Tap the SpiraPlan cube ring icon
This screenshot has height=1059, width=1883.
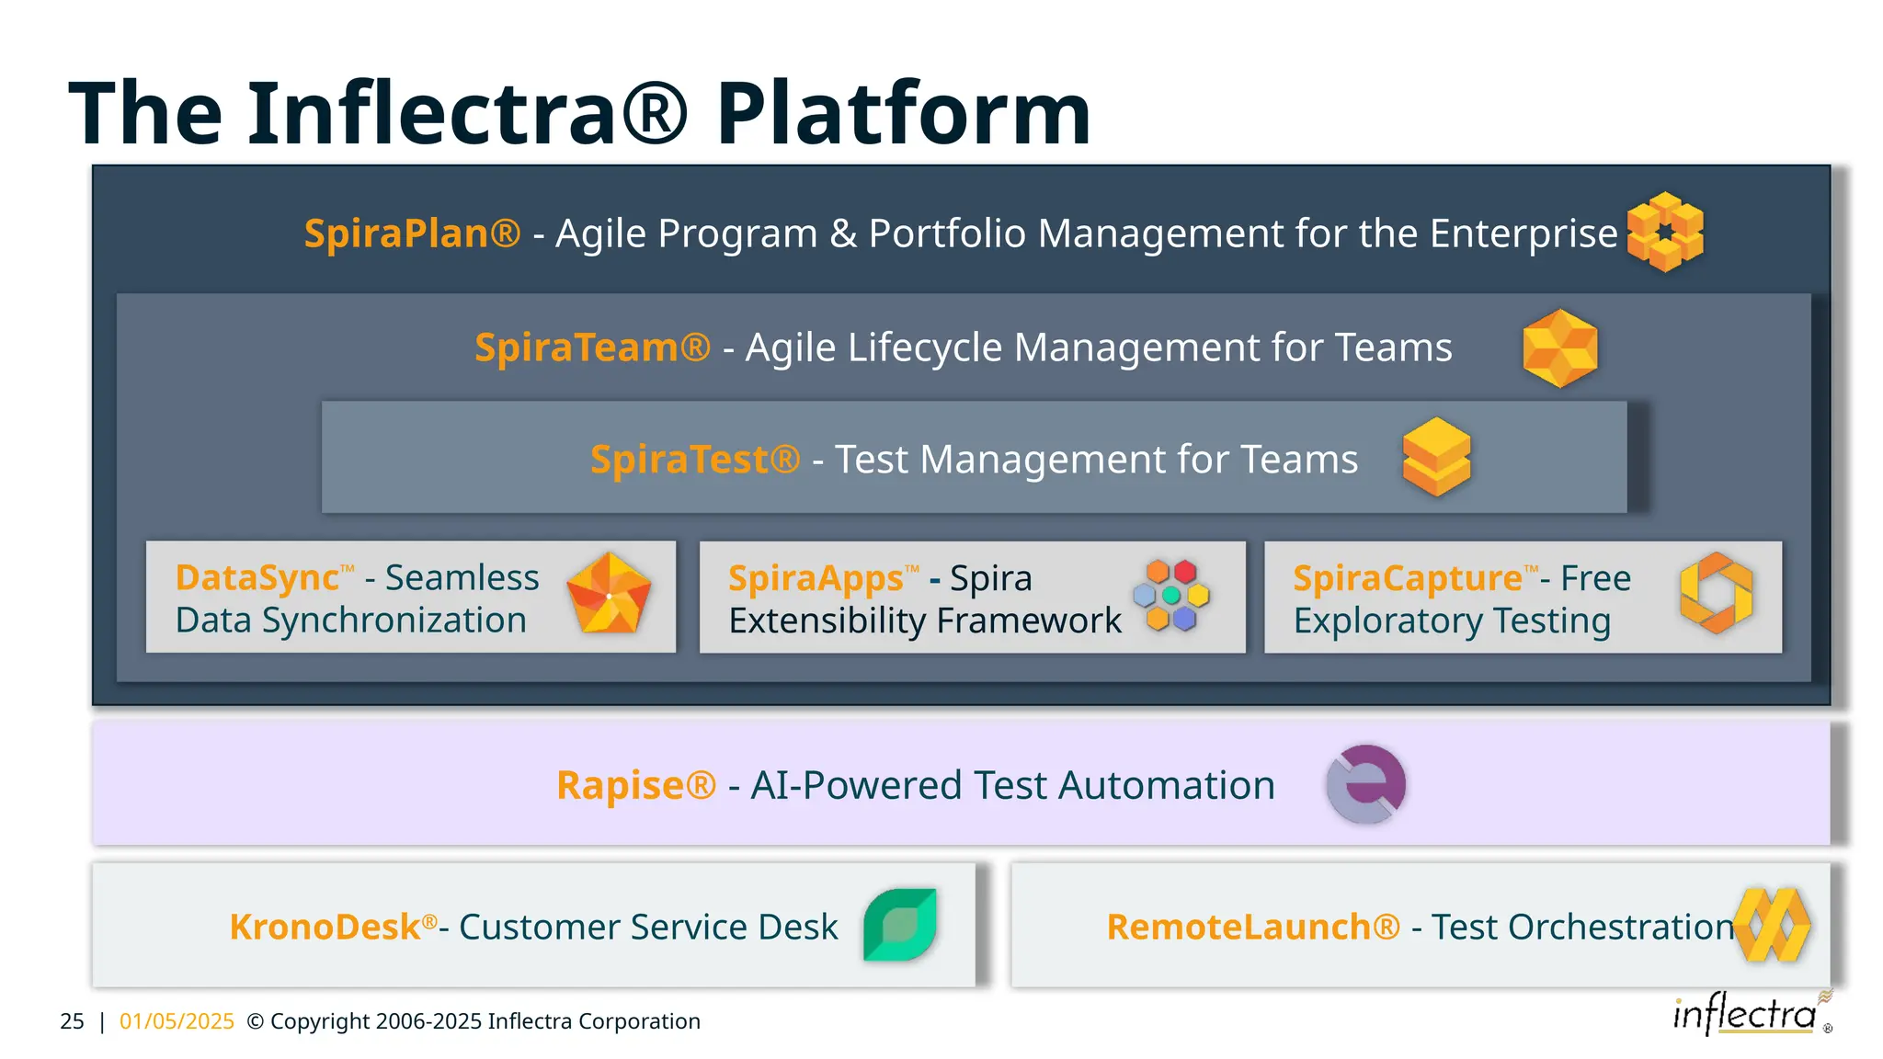(1665, 232)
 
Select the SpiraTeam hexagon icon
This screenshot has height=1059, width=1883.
(1560, 347)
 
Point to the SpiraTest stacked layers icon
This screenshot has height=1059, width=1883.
(1436, 457)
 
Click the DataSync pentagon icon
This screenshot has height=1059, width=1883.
(609, 595)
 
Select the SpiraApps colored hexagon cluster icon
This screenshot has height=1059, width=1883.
(1171, 595)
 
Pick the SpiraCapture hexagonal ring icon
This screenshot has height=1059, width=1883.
(1716, 593)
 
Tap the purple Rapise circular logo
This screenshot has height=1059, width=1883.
(1365, 784)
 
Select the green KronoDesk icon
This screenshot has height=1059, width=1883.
(900, 925)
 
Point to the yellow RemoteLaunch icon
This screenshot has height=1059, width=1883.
(1774, 925)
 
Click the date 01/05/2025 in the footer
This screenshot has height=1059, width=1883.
(177, 1021)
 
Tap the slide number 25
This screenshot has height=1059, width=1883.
(72, 1021)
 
